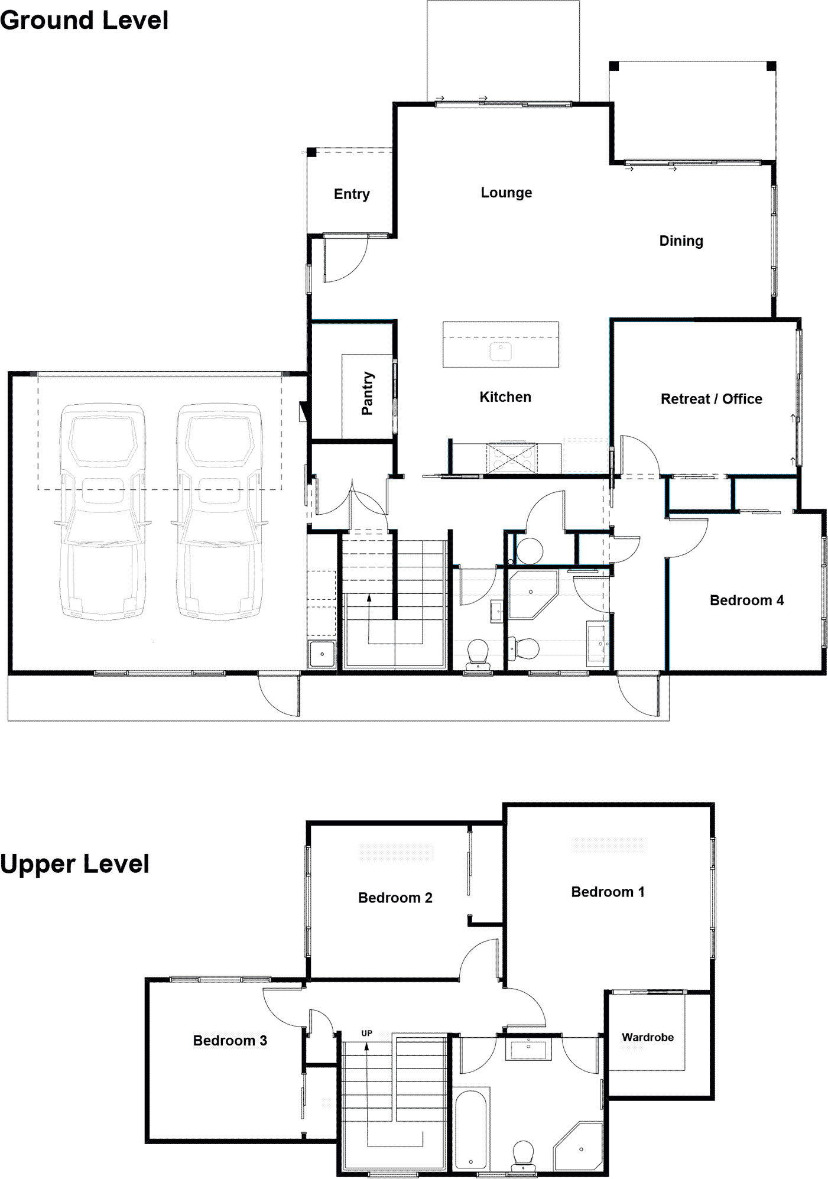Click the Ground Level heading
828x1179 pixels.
pyautogui.click(x=85, y=21)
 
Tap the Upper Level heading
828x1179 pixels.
pyautogui.click(x=75, y=864)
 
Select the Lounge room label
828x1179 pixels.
pyautogui.click(x=506, y=193)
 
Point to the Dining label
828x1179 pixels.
pyautogui.click(x=681, y=241)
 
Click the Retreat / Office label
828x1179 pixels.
pyautogui.click(x=711, y=399)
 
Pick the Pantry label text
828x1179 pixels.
pyautogui.click(x=368, y=393)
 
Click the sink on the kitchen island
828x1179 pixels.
pyautogui.click(x=501, y=351)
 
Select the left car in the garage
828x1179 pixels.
pyautogui.click(x=103, y=511)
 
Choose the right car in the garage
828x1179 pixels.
pyautogui.click(x=219, y=511)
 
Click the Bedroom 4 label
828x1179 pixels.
pyautogui.click(x=746, y=600)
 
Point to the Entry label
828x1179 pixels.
pyautogui.click(x=352, y=194)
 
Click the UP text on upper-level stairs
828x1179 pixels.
pyautogui.click(x=366, y=1034)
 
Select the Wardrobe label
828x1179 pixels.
pyautogui.click(x=647, y=1037)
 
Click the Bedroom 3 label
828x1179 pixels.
pyautogui.click(x=230, y=1041)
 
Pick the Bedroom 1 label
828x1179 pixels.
pyautogui.click(x=608, y=892)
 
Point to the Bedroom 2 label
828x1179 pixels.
pyautogui.click(x=395, y=898)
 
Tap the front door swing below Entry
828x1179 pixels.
pyautogui.click(x=346, y=260)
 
